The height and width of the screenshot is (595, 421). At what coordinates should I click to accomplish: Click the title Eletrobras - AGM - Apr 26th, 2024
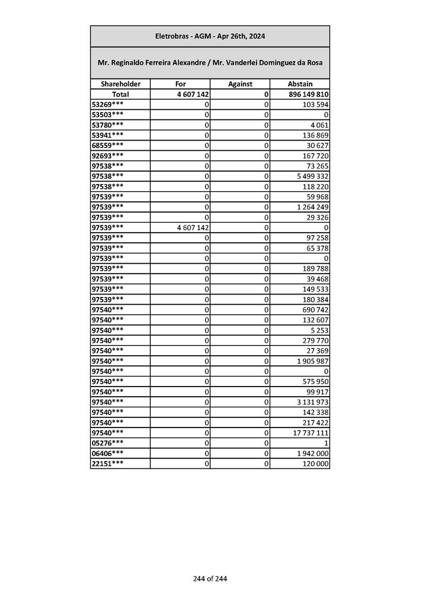(210, 36)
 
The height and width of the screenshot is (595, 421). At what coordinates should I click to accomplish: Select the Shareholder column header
(120, 84)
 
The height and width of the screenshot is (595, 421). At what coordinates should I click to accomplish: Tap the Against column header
(240, 84)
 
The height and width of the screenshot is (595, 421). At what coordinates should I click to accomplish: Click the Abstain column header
(299, 84)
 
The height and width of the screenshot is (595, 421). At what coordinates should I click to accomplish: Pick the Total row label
(120, 94)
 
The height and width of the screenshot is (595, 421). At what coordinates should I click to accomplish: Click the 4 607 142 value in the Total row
(188, 94)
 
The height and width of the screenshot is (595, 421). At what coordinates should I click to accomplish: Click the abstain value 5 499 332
(312, 176)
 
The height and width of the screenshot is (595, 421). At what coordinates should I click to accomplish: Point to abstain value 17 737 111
(310, 433)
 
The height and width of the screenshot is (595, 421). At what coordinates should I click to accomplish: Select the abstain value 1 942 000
(312, 453)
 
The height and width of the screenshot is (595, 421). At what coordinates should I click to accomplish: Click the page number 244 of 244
(210, 579)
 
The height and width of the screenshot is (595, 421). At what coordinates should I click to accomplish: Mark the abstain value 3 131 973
(312, 402)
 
